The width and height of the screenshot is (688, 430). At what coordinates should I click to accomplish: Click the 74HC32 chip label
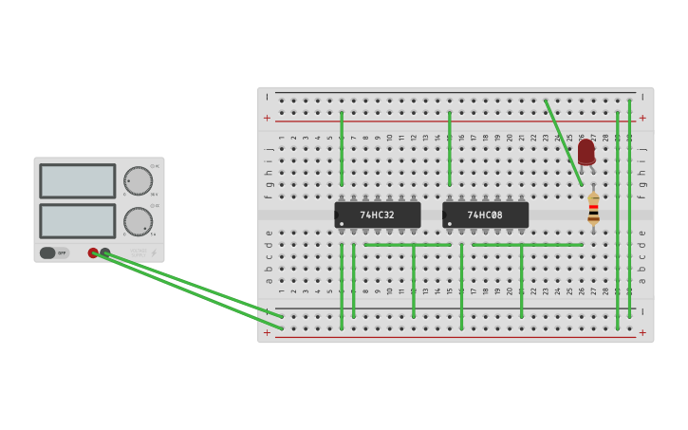pyautogui.click(x=377, y=215)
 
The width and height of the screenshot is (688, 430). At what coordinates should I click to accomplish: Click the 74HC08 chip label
pyautogui.click(x=485, y=215)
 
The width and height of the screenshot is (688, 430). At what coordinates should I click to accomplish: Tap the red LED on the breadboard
pyautogui.click(x=586, y=151)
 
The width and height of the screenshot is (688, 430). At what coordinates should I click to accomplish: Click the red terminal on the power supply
pyautogui.click(x=93, y=252)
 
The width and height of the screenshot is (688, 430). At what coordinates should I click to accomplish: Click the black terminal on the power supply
pyautogui.click(x=105, y=252)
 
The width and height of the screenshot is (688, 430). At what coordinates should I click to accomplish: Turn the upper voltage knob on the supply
pyautogui.click(x=138, y=180)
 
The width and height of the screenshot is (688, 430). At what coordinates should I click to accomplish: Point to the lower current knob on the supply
pyautogui.click(x=138, y=221)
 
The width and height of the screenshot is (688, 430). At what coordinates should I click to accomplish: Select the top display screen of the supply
pyautogui.click(x=78, y=180)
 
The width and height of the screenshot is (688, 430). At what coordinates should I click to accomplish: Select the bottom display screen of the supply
pyautogui.click(x=78, y=221)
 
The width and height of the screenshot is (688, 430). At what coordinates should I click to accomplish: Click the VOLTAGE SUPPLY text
pyautogui.click(x=139, y=252)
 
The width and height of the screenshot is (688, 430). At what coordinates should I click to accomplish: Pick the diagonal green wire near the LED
pyautogui.click(x=564, y=142)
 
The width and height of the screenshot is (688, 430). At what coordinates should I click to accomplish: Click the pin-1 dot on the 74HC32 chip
pyautogui.click(x=342, y=224)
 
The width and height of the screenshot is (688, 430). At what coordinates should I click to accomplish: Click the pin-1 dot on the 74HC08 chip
pyautogui.click(x=450, y=224)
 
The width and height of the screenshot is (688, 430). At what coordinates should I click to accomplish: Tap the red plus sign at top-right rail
pyautogui.click(x=642, y=118)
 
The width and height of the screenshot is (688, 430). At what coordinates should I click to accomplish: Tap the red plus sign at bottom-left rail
pyautogui.click(x=267, y=332)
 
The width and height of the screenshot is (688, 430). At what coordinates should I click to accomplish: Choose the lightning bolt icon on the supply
pyautogui.click(x=154, y=252)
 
